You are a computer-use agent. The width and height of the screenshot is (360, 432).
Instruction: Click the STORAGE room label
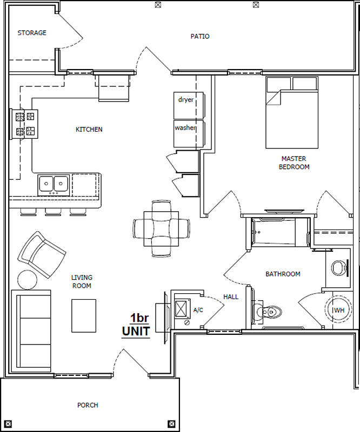tap(32, 33)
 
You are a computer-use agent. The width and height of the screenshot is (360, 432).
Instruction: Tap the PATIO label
tap(200, 36)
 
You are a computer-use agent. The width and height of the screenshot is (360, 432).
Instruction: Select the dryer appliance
tap(189, 105)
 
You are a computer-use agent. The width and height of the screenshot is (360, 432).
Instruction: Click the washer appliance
tap(189, 133)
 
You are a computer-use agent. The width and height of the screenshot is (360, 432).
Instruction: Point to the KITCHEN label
tap(89, 129)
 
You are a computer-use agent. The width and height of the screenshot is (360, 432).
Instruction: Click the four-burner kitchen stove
tap(24, 124)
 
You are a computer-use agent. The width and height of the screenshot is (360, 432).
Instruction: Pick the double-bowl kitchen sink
tap(54, 185)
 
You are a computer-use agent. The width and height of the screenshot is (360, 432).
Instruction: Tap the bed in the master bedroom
tap(292, 112)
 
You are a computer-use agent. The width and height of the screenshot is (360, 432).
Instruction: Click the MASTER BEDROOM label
tap(294, 163)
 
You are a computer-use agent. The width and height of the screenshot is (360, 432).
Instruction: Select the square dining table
tap(161, 228)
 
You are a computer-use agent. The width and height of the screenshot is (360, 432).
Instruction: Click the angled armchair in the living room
tap(42, 254)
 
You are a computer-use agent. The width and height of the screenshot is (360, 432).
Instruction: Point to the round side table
tap(28, 280)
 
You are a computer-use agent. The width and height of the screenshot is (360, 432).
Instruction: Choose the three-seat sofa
tap(31, 330)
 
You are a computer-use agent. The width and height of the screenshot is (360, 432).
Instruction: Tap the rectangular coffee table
tap(84, 316)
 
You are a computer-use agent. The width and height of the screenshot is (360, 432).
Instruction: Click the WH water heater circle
tap(338, 309)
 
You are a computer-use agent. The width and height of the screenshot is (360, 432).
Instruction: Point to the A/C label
tap(198, 310)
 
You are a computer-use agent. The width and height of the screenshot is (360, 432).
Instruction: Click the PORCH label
tap(88, 406)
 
